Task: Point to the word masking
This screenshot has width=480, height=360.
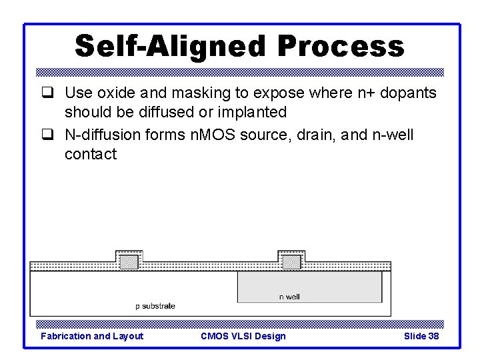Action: coord(200,93)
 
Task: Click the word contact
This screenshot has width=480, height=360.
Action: coord(91,154)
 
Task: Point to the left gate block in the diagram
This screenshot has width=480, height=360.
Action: coord(129,261)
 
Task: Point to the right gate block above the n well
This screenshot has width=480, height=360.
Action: coord(291,261)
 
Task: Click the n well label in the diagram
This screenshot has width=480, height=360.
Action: coord(289,297)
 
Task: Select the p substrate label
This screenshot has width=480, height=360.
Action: coord(155,306)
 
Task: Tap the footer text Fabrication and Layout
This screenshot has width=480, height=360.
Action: coord(92,336)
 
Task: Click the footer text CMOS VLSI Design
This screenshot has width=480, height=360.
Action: coord(243,336)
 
